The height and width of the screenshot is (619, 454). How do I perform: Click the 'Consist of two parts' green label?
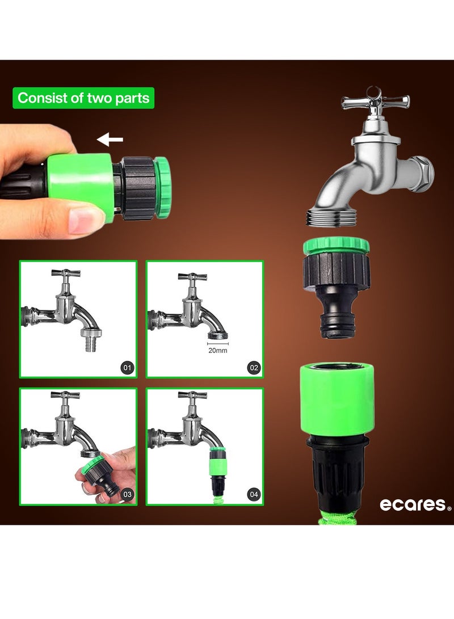[83, 98]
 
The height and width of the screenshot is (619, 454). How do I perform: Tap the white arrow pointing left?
[110, 140]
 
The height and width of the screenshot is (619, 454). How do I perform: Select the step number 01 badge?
[127, 368]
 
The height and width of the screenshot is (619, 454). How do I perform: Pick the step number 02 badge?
[254, 368]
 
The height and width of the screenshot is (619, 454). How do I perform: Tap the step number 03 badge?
[127, 494]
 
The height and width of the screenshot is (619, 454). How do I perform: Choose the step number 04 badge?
[254, 494]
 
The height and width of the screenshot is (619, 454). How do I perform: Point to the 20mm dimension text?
[217, 350]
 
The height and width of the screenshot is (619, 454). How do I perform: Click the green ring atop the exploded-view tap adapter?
[337, 246]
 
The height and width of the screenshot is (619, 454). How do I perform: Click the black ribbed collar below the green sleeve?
[336, 470]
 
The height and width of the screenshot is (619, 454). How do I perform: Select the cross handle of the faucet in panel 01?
[66, 273]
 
